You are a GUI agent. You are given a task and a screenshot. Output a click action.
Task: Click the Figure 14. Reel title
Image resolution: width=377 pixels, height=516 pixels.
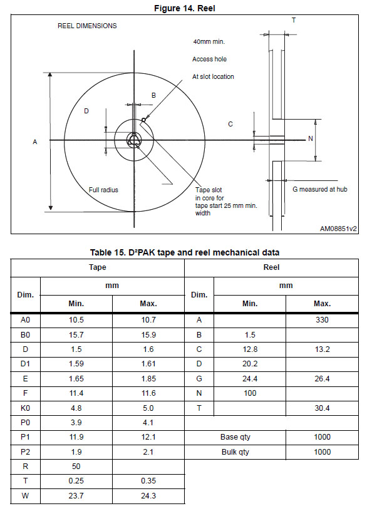(x=185, y=8)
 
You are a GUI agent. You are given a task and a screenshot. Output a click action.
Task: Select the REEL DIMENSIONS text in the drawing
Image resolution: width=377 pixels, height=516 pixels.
(x=87, y=26)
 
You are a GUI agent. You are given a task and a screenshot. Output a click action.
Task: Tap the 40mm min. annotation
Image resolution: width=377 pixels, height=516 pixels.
(x=209, y=42)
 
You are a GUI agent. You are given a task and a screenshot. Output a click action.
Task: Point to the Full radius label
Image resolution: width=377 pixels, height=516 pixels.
(x=103, y=190)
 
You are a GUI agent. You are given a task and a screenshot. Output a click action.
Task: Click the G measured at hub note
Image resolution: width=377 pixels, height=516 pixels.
(x=320, y=189)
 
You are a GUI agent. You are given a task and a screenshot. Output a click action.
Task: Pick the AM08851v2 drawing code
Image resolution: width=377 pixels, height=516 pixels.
(x=339, y=229)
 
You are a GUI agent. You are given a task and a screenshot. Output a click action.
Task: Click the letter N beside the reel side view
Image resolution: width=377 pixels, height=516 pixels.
(x=311, y=139)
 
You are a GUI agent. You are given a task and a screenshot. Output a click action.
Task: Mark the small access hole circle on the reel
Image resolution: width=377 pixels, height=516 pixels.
(x=143, y=120)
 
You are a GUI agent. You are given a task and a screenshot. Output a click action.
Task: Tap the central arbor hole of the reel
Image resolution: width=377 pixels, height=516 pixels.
(x=133, y=140)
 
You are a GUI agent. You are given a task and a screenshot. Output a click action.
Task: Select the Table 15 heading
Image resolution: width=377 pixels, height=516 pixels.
(x=185, y=252)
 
